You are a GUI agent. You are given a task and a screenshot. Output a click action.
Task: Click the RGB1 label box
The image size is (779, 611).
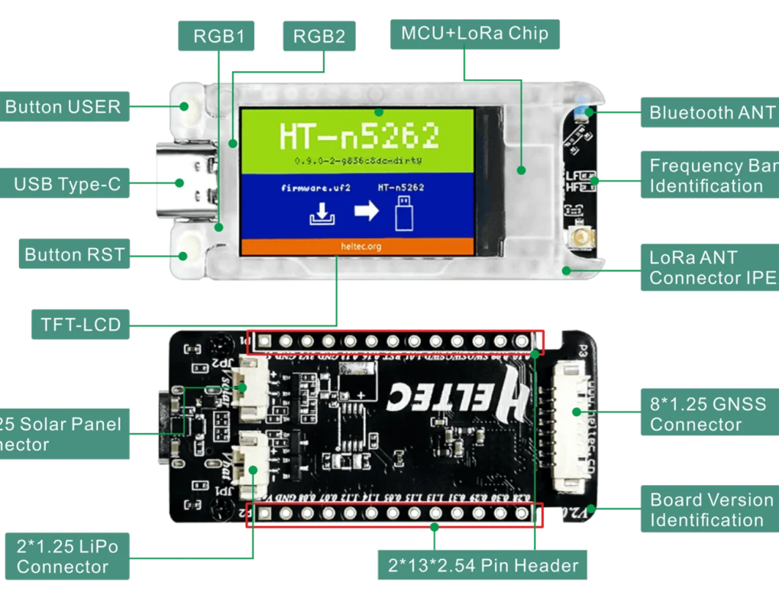[218, 36]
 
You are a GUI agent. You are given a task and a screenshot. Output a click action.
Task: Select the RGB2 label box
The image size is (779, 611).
[319, 36]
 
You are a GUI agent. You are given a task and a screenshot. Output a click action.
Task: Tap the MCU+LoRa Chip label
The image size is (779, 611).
[474, 34]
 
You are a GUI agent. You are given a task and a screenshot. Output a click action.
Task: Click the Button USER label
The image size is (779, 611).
[63, 107]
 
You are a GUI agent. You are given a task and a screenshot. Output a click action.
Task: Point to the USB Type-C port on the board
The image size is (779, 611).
[180, 183]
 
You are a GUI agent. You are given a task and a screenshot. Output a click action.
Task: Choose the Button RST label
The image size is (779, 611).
[74, 254]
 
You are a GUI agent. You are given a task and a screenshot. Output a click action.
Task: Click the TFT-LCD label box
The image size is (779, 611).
[80, 325]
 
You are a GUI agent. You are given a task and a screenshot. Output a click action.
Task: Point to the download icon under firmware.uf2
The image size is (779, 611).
[320, 215]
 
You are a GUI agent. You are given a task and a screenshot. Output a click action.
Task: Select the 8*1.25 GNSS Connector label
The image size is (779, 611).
[707, 414]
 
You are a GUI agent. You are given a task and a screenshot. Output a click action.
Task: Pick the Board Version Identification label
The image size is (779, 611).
[710, 509]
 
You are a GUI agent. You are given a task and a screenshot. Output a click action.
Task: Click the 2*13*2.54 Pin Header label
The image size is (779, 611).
[483, 566]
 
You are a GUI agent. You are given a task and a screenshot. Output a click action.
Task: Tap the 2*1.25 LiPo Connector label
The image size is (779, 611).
[67, 556]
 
